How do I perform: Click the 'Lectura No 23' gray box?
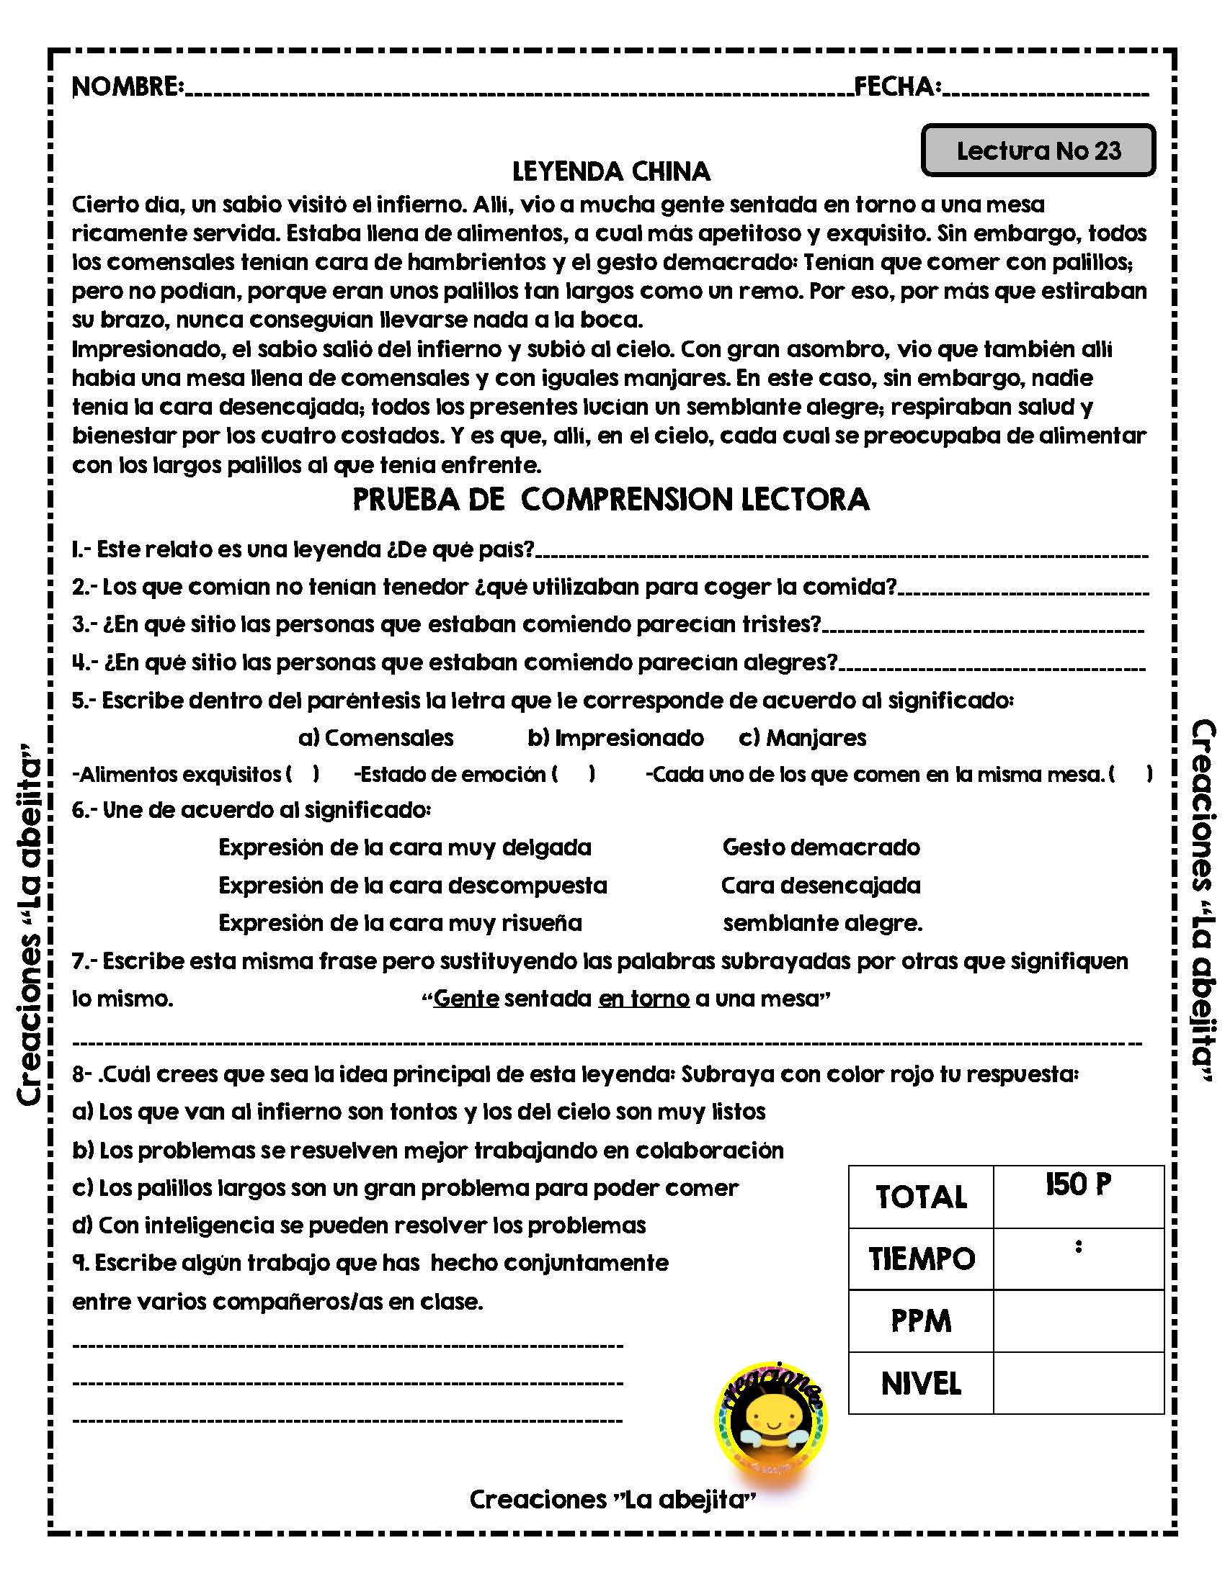pos(1038,151)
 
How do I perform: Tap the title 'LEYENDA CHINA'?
pos(611,172)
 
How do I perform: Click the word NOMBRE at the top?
pos(127,87)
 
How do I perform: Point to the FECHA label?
pos(897,87)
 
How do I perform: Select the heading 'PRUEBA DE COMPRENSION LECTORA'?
pos(611,500)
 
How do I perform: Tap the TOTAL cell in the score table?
pos(921,1197)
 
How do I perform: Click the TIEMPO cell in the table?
pos(922,1260)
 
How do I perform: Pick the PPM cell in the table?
pos(921,1321)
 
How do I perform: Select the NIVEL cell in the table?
pos(921,1384)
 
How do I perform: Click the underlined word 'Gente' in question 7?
pos(466,999)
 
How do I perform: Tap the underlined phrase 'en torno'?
pos(643,999)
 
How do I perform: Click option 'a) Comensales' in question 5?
pos(376,738)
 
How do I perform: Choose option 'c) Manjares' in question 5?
pos(803,738)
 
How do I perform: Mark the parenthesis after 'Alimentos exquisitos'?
pos(303,775)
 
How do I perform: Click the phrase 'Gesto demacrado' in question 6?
pos(821,847)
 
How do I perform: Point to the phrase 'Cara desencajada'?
pos(821,886)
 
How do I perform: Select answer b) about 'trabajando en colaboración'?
pos(428,1151)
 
